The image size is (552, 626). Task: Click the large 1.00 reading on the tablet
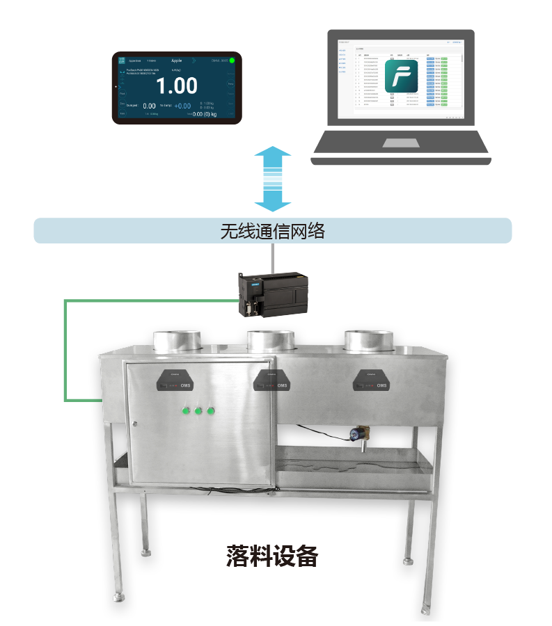tap(176, 86)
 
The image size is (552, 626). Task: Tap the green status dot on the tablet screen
tap(232, 61)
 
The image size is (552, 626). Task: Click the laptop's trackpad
tap(400, 143)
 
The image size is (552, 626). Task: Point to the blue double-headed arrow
tap(272, 179)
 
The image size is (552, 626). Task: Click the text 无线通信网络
tap(272, 231)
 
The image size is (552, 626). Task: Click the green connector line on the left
tap(65, 348)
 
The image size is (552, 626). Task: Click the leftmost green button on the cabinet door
tap(186, 410)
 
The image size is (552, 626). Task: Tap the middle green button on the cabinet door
tap(198, 410)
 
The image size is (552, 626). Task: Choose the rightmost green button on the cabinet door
tap(211, 410)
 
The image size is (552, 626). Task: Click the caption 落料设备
tap(272, 556)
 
